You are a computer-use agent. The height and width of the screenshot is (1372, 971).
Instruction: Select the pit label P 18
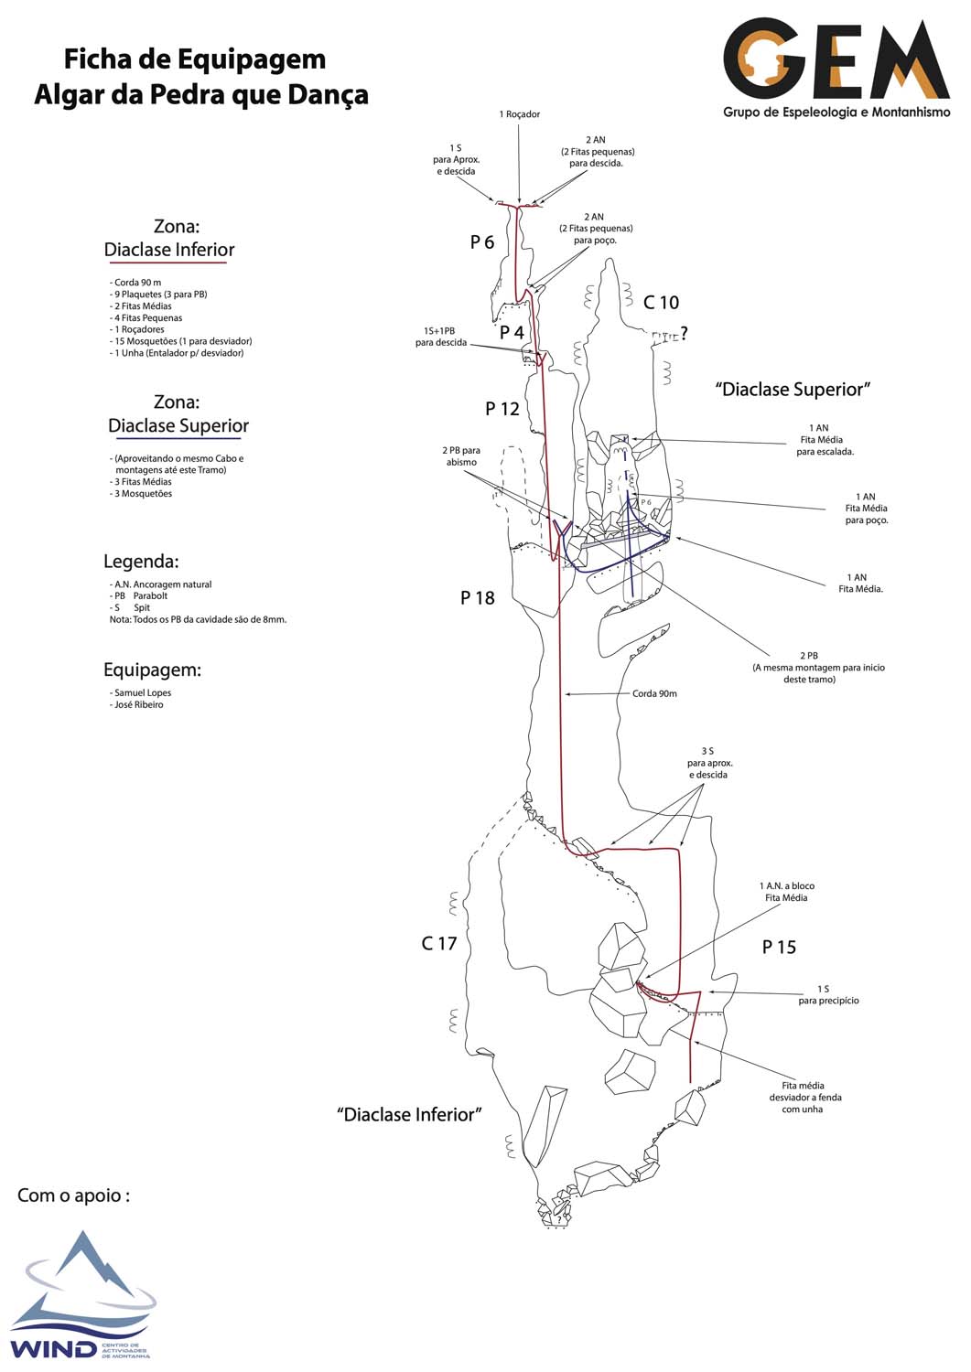pos(478,598)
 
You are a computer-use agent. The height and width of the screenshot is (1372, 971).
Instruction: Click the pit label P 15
pos(779,947)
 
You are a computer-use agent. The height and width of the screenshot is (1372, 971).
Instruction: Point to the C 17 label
pos(439,943)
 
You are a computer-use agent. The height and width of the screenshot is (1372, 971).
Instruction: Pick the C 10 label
pos(661,302)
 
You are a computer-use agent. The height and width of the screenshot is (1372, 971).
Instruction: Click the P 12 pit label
pos(502,409)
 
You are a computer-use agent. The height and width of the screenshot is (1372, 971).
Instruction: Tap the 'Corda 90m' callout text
pos(654,693)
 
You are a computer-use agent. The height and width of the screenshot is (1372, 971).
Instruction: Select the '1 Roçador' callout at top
pos(519,114)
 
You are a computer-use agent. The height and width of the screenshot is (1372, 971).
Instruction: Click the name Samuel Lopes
pos(143,692)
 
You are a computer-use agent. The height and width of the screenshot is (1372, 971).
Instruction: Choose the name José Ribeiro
pos(139,704)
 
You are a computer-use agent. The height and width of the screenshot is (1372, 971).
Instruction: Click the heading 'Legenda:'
pos(141,561)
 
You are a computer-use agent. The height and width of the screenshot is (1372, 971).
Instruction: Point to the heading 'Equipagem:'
pos(152,670)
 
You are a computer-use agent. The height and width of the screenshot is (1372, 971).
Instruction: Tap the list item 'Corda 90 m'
pos(137,283)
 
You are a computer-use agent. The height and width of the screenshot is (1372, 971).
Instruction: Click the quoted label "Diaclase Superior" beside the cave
pos(793,389)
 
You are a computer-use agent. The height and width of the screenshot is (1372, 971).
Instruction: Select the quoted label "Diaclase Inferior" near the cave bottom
pos(409,1114)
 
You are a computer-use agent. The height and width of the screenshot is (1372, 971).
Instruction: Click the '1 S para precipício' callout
pos(828,995)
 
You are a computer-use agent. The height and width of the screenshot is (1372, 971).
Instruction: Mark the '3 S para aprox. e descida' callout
pos(709,763)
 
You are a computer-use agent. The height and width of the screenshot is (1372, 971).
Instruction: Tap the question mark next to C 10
pos(685,334)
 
